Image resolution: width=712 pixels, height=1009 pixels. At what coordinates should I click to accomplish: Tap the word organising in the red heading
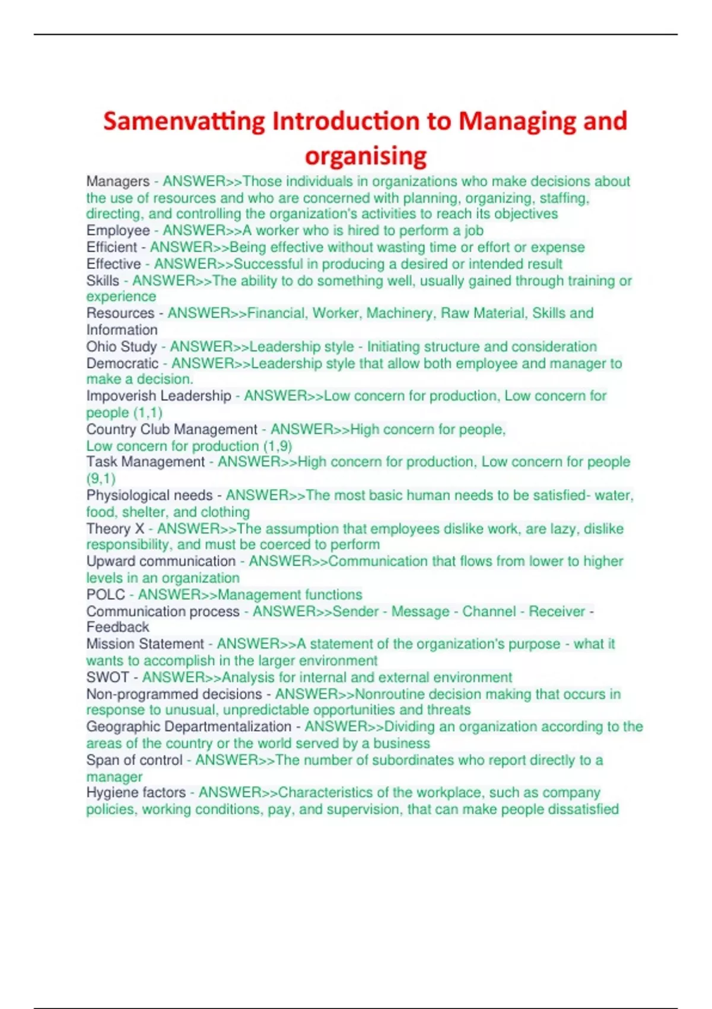pyautogui.click(x=365, y=156)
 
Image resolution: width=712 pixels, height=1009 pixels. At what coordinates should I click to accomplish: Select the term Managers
pyautogui.click(x=118, y=182)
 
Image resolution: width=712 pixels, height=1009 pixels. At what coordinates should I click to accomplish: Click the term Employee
pyautogui.click(x=118, y=231)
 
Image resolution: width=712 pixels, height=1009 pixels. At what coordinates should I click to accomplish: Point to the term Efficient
pyautogui.click(x=112, y=248)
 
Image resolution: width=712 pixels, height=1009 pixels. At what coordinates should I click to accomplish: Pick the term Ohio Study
pyautogui.click(x=122, y=347)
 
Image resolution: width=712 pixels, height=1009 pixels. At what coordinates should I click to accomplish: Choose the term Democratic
pyautogui.click(x=122, y=363)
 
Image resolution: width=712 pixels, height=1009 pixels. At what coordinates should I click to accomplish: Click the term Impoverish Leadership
pyautogui.click(x=158, y=396)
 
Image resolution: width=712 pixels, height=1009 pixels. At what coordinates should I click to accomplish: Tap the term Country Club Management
pyautogui.click(x=171, y=429)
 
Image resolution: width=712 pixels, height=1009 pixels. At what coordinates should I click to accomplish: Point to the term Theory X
pyautogui.click(x=115, y=529)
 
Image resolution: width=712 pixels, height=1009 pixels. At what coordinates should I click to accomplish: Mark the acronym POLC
pyautogui.click(x=106, y=595)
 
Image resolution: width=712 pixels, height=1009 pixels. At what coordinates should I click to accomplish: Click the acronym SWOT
pyautogui.click(x=107, y=677)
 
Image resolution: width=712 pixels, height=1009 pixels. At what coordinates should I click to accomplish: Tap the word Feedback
pyautogui.click(x=117, y=627)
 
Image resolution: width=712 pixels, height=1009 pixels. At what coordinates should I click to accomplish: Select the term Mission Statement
pyautogui.click(x=145, y=644)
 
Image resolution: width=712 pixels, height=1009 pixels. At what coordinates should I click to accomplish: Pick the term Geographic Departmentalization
pyautogui.click(x=189, y=726)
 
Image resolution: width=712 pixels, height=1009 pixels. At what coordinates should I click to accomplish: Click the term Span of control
pyautogui.click(x=134, y=760)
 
